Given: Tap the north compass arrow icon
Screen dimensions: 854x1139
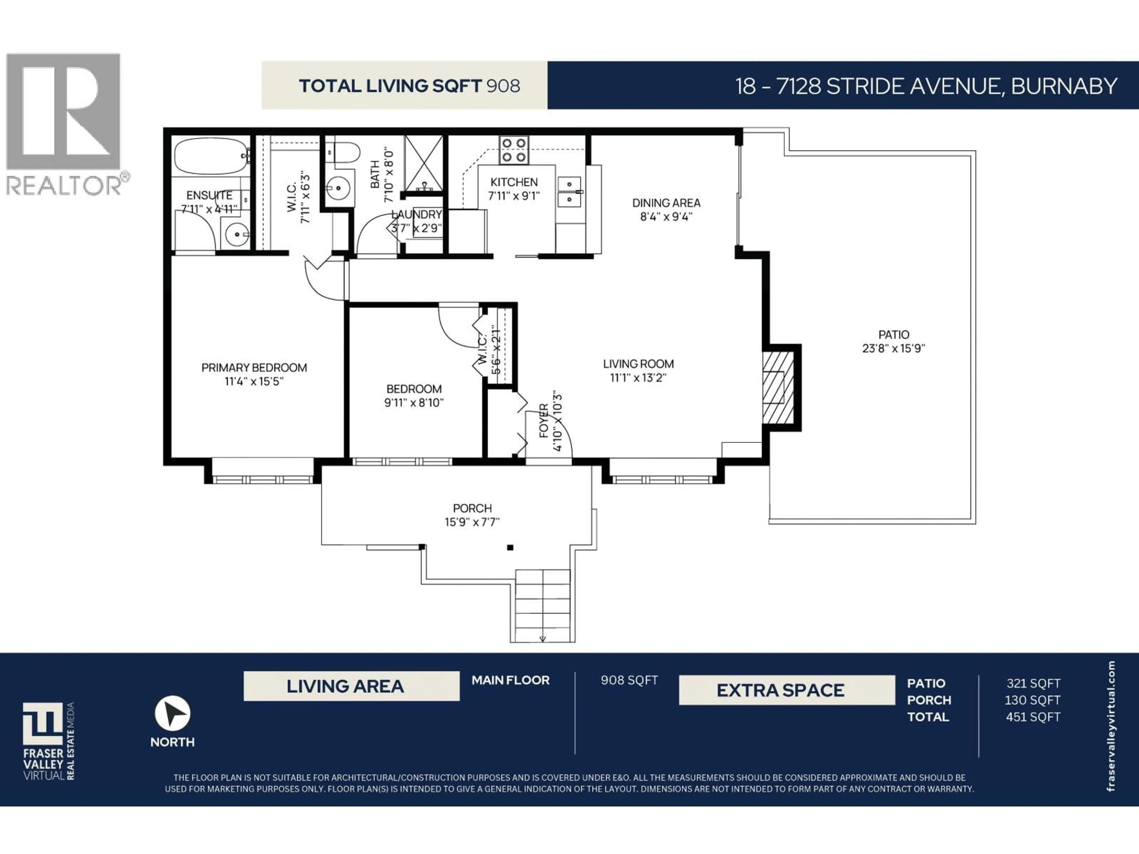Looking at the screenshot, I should point(173,713).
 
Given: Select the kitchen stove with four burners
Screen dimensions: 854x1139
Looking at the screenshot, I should point(513,150).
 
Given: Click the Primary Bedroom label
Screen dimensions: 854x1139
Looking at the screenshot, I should point(254,367).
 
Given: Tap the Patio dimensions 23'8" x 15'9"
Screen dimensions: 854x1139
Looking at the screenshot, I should point(893,348).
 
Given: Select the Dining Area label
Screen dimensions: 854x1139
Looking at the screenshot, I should point(666,203).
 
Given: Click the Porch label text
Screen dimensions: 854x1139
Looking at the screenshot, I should point(472,508).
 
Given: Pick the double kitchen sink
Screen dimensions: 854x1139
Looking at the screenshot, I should point(569,192).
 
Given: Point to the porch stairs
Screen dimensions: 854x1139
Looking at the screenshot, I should point(543,605).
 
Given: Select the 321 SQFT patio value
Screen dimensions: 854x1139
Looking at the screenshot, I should point(1033,683).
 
